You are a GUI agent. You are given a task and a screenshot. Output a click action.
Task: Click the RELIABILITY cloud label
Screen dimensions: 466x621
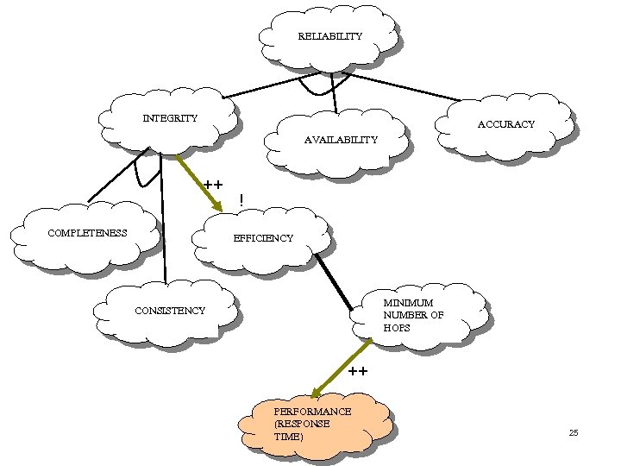pos(329,36)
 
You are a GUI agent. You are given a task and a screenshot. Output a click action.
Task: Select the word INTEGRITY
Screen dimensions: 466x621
pos(170,118)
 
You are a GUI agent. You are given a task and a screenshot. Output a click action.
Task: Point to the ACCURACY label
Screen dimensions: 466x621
pos(506,124)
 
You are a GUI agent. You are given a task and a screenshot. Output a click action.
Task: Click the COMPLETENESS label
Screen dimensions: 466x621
pos(87,232)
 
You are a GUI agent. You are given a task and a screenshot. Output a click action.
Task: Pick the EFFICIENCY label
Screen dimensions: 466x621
pos(263,237)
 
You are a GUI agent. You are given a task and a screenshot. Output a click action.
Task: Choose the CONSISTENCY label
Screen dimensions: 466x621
pos(170,310)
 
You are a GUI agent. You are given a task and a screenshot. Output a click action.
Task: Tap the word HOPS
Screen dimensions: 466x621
pos(398,328)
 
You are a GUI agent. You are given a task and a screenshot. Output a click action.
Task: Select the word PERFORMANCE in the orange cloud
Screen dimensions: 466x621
pos(312,412)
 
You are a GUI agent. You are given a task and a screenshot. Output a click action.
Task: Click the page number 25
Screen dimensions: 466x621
pos(574,431)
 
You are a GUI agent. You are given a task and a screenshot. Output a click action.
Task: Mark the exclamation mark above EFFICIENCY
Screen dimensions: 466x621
pos(241,200)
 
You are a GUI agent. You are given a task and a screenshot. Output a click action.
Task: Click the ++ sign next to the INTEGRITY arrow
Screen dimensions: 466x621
pos(213,185)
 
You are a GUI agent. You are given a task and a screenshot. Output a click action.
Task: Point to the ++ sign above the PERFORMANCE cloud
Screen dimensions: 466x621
pos(358,372)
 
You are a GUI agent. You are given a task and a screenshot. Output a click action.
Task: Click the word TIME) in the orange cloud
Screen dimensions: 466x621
pos(288,437)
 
